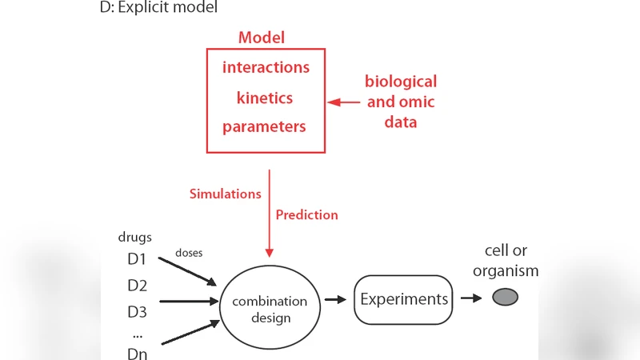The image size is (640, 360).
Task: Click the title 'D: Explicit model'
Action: (x=158, y=9)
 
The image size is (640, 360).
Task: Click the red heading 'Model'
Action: (x=262, y=38)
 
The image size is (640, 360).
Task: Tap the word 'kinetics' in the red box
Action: (x=265, y=98)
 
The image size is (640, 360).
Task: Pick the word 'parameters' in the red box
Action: (x=264, y=127)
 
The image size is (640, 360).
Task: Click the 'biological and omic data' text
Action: (x=401, y=102)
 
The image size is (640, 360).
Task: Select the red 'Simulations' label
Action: (x=225, y=194)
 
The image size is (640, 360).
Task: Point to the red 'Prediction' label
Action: (x=306, y=214)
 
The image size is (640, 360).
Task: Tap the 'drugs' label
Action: (x=134, y=238)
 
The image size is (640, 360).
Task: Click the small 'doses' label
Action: (x=189, y=252)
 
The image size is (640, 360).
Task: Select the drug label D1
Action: (x=138, y=260)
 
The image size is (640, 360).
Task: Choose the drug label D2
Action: (x=138, y=286)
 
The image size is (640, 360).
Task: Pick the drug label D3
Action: (x=138, y=311)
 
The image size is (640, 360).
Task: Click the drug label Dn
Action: (x=138, y=353)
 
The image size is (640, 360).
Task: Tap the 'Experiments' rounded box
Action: (x=404, y=300)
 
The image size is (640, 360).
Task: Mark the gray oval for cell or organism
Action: (x=505, y=298)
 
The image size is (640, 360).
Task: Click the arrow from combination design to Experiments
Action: (x=334, y=299)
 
